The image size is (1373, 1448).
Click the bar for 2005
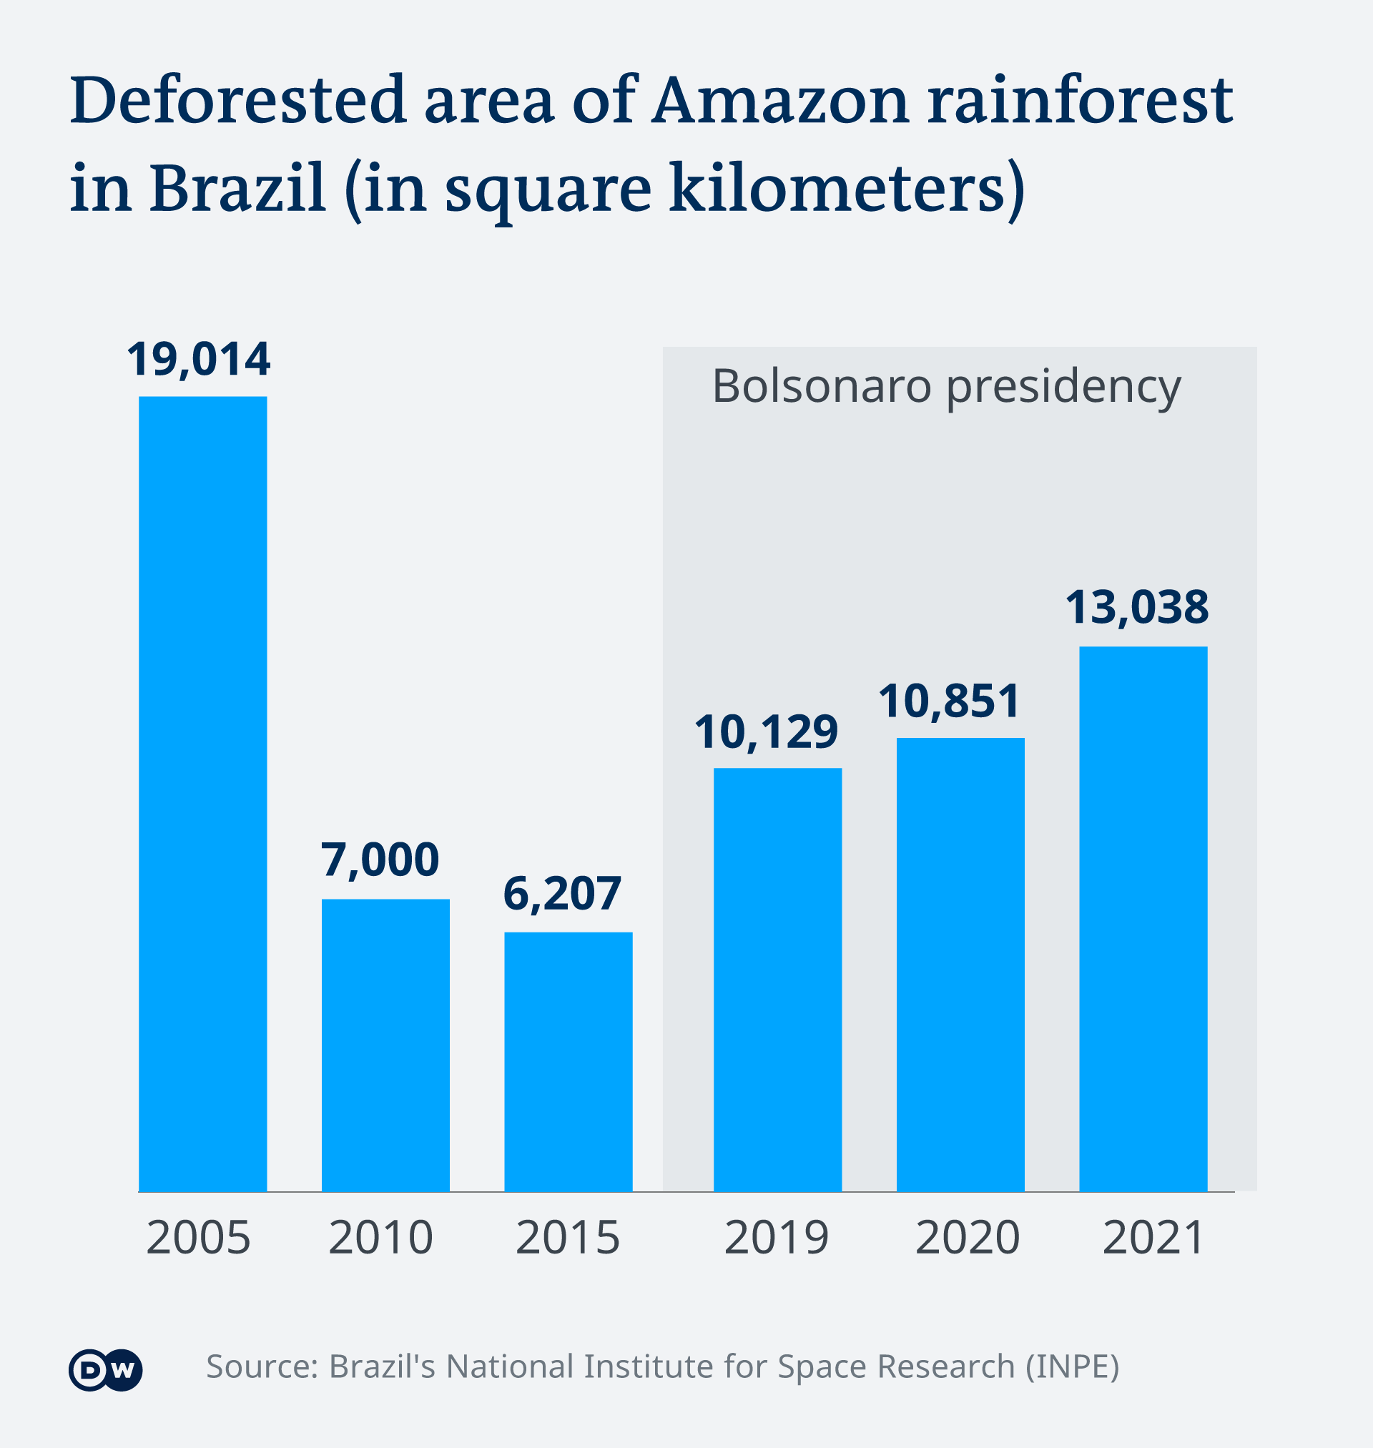coord(202,794)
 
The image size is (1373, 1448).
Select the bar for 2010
coord(385,1045)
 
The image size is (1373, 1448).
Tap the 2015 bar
coord(568,1062)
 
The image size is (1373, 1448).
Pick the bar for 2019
coord(777,980)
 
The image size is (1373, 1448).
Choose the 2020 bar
coord(960,965)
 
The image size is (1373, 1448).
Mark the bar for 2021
coord(1143,919)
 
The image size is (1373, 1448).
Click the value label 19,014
coord(198,360)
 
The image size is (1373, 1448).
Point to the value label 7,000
coord(380,860)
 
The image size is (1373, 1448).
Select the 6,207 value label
coord(562,893)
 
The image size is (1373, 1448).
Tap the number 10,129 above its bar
coord(766,732)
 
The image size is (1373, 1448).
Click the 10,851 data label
coord(949,701)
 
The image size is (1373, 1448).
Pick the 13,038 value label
coord(1136,607)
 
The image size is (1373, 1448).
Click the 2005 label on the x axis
coord(198,1238)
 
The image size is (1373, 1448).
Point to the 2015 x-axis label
coord(567,1238)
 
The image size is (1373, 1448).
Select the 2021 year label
coord(1153,1238)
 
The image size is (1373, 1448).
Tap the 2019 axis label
coord(777,1238)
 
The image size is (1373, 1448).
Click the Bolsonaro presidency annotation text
coord(946,387)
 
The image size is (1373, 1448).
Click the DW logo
coord(105,1369)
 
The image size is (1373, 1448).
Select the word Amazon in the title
coord(780,100)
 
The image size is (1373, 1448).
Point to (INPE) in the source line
coord(1072,1366)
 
